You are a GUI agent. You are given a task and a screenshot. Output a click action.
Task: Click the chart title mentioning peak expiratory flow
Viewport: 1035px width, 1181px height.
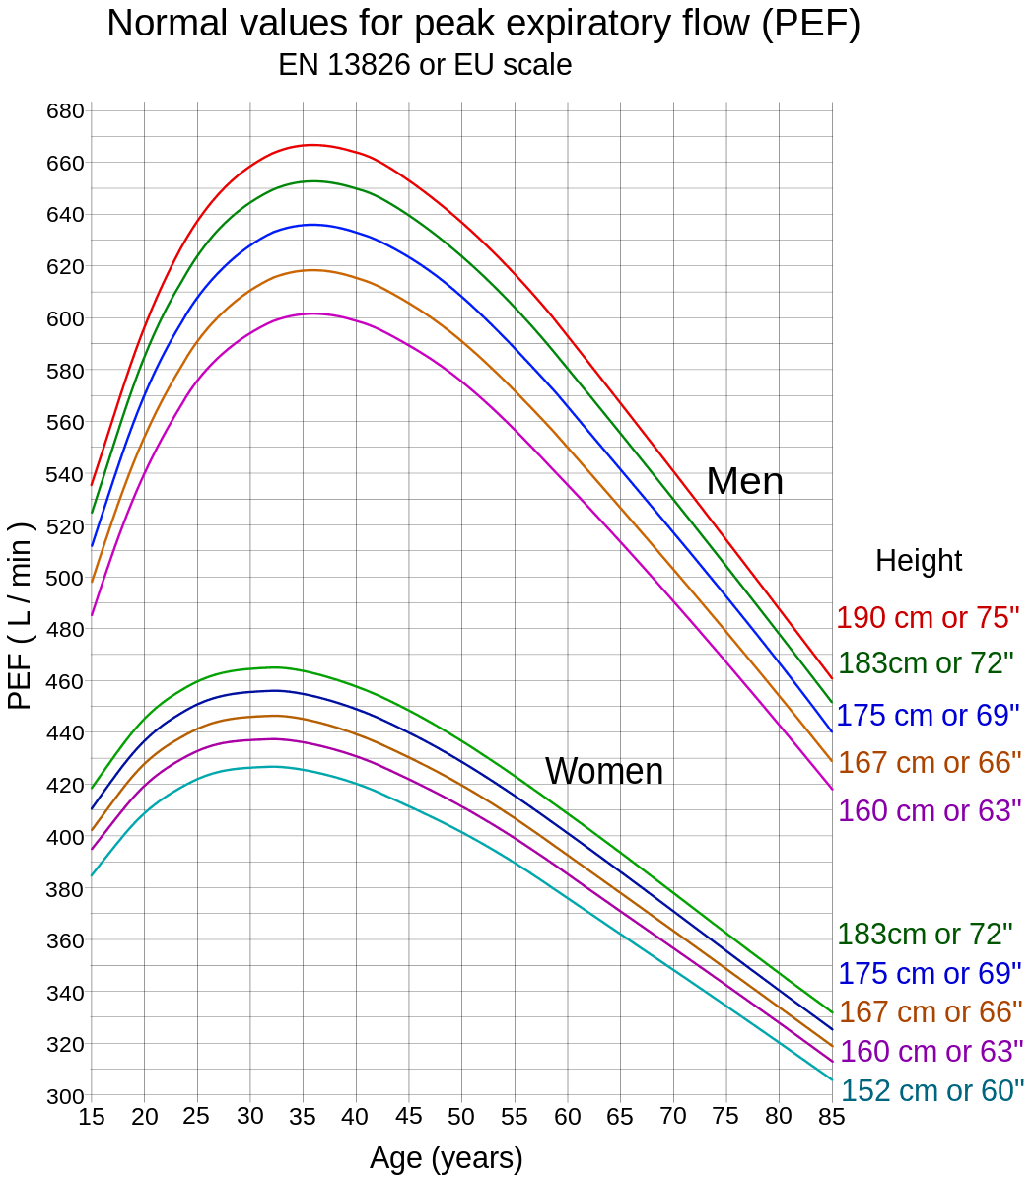[484, 25]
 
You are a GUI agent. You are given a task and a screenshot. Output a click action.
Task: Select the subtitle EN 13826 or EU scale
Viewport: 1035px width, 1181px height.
[425, 66]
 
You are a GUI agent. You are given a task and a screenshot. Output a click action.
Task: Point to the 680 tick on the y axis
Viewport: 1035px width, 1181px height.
[65, 110]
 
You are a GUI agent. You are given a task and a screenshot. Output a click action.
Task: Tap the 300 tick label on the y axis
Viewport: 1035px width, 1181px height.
[65, 1095]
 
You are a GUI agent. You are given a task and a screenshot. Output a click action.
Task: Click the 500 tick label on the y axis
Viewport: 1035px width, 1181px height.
[65, 578]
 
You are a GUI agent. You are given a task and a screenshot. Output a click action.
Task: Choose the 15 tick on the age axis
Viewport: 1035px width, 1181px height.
[92, 1117]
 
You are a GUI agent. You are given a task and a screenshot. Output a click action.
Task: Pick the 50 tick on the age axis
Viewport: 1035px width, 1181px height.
[461, 1117]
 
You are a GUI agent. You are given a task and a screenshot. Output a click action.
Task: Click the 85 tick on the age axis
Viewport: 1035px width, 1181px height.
[832, 1117]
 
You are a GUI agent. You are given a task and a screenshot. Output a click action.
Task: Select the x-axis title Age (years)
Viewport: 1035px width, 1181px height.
[446, 1157]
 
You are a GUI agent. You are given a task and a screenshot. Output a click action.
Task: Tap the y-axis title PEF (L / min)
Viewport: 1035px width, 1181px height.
[21, 614]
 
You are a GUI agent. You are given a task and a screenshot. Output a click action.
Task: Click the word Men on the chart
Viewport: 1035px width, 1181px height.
[745, 482]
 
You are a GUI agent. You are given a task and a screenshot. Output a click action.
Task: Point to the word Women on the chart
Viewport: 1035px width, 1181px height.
[603, 772]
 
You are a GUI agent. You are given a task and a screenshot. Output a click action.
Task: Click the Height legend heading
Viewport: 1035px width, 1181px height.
[919, 561]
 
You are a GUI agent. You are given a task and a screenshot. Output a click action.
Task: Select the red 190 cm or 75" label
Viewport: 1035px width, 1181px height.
[928, 618]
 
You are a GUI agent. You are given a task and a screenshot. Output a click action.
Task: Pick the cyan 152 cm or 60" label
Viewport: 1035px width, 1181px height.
[931, 1090]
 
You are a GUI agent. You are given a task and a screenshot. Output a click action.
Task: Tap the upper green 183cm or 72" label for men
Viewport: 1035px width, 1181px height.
[926, 663]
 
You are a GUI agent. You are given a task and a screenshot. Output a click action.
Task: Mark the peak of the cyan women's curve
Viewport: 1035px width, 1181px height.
[271, 766]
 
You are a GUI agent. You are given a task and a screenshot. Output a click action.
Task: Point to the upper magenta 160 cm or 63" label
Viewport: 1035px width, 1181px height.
[928, 811]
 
